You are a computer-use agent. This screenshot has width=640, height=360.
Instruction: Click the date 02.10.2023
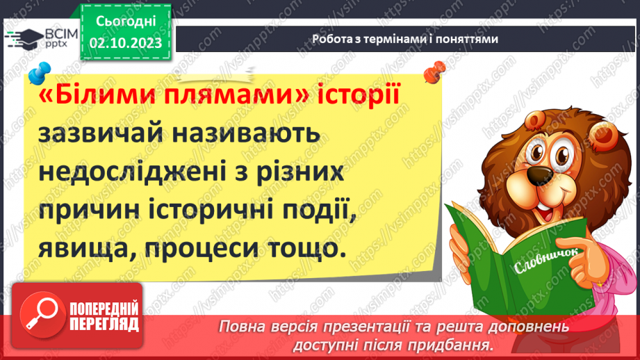[126, 42]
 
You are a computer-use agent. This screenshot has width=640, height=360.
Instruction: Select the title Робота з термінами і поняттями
[404, 40]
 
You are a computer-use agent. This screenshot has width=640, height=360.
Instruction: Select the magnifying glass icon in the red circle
[43, 316]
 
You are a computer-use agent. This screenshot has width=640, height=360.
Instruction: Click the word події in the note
[320, 209]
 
